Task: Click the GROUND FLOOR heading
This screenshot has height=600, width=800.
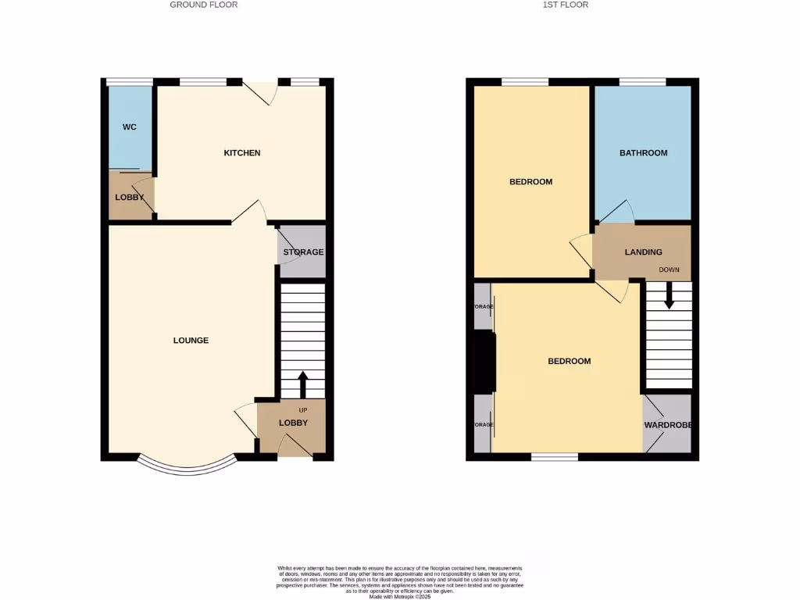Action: (x=204, y=5)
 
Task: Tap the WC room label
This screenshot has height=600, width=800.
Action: (x=130, y=127)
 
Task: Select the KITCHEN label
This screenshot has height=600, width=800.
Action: (x=242, y=153)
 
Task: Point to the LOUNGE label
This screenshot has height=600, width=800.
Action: (x=191, y=341)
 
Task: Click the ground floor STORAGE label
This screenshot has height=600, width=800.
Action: (x=303, y=252)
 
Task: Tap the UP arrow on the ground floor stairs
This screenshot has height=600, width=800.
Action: (x=302, y=385)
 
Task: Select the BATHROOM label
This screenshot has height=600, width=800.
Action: (x=643, y=153)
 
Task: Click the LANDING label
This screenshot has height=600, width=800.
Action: (x=643, y=252)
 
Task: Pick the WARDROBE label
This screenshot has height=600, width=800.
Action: (x=669, y=426)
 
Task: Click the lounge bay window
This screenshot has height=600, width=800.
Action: (x=187, y=467)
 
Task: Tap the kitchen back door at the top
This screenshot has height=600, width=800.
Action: (x=260, y=91)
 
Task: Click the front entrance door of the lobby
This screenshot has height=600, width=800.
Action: (x=295, y=447)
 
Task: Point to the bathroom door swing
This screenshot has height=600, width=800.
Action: (x=617, y=212)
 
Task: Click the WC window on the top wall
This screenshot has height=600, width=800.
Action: (x=130, y=81)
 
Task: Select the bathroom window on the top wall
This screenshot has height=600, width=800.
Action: (x=642, y=81)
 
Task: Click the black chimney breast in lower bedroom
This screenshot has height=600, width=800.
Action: (x=485, y=361)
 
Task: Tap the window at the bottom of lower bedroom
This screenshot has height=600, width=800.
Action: (x=555, y=456)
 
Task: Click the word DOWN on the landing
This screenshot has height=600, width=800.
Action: (x=670, y=270)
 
